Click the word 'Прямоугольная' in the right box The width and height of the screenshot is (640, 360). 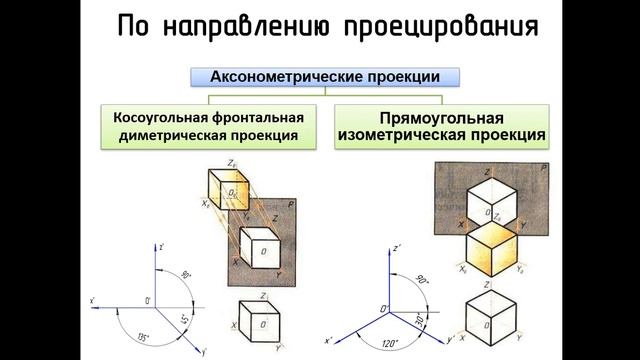point(441,115)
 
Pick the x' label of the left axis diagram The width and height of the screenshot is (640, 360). point(92,299)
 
